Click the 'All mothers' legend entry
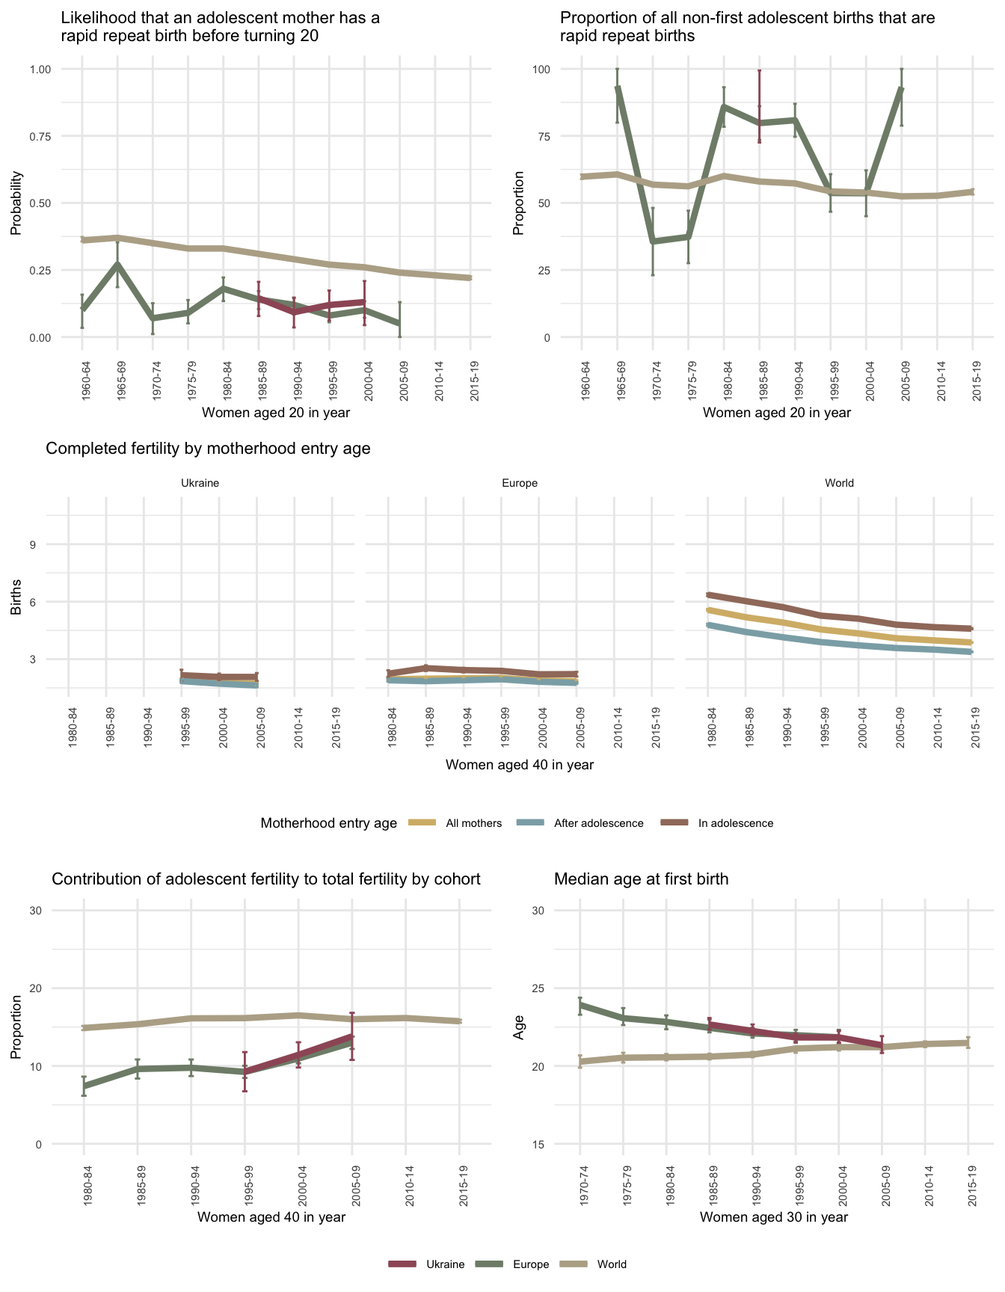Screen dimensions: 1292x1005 click(x=473, y=823)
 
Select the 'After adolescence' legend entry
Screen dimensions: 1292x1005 click(x=598, y=823)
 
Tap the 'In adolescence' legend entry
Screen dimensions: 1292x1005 click(x=735, y=823)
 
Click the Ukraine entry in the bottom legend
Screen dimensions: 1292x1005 click(x=445, y=1264)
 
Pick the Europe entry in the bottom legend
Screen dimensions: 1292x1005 click(x=531, y=1264)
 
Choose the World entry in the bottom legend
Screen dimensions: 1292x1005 click(x=612, y=1264)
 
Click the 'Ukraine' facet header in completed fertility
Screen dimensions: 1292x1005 click(x=200, y=483)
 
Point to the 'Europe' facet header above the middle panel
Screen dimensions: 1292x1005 click(x=520, y=483)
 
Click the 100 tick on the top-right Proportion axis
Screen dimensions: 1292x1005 click(x=541, y=70)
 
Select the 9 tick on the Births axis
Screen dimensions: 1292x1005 click(x=34, y=544)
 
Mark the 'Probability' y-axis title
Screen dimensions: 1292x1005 click(x=16, y=203)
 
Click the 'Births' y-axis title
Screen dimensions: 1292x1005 click(x=16, y=597)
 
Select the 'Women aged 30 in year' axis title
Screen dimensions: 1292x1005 click(x=774, y=1217)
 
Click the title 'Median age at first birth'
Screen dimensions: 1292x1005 click(x=641, y=879)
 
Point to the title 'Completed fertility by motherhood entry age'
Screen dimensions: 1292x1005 click(x=208, y=449)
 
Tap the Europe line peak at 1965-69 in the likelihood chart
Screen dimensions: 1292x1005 click(x=117, y=263)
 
